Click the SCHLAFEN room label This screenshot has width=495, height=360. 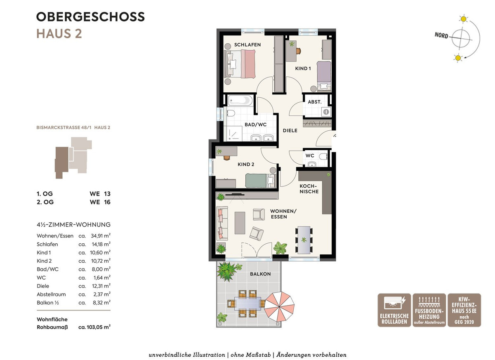click(x=247, y=45)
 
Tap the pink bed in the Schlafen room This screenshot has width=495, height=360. click(x=240, y=64)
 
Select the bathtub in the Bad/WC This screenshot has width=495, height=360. click(x=240, y=101)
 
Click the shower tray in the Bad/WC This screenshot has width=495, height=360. click(x=233, y=133)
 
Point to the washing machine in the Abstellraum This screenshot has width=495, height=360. click(x=326, y=111)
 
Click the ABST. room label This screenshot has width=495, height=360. click(x=314, y=102)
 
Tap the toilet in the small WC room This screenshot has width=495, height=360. click(x=324, y=156)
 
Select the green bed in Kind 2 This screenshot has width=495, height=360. click(x=261, y=181)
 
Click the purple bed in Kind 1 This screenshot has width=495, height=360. click(x=324, y=76)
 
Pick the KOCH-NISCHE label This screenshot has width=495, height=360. click(x=309, y=189)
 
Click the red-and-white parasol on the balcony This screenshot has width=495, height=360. click(x=279, y=306)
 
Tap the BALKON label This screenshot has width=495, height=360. click(x=260, y=274)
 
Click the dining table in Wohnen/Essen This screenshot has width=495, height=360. click(x=304, y=240)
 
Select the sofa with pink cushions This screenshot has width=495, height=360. click(x=222, y=223)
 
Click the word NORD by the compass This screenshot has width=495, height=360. click(x=441, y=35)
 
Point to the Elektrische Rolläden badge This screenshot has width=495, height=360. click(x=394, y=310)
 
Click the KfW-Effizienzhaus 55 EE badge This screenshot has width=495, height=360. click(x=464, y=310)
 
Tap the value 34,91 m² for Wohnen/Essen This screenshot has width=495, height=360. click(x=101, y=235)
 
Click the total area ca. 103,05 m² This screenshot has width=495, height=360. click(x=94, y=327)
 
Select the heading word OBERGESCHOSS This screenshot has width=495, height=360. click(x=90, y=17)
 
